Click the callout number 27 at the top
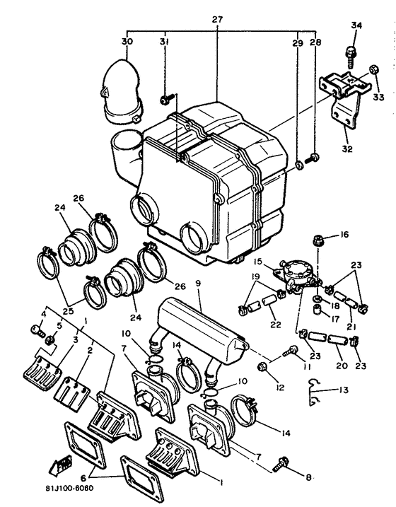pos(216,19)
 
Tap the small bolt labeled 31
pos(166,100)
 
